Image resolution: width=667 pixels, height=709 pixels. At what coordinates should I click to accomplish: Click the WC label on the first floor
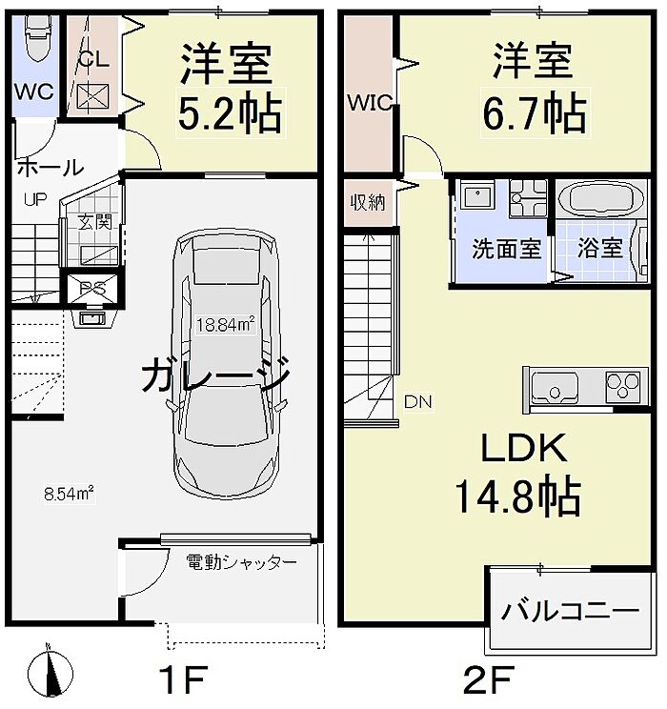pyautogui.click(x=33, y=92)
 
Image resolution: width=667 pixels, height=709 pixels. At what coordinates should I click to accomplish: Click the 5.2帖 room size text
pyautogui.click(x=230, y=114)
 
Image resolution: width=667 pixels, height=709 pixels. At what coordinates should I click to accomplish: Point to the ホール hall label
pyautogui.click(x=50, y=168)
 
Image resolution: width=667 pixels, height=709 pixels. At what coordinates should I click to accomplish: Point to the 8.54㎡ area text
pyautogui.click(x=68, y=494)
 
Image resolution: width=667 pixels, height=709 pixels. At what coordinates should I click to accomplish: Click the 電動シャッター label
pyautogui.click(x=241, y=563)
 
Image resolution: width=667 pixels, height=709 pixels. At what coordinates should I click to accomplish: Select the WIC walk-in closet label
pyautogui.click(x=370, y=103)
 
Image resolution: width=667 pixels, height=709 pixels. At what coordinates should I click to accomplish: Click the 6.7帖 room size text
pyautogui.click(x=532, y=114)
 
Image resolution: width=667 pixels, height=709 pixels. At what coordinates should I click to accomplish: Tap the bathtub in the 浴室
pyautogui.click(x=600, y=202)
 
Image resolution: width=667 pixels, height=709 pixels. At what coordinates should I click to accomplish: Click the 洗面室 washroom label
pyautogui.click(x=508, y=249)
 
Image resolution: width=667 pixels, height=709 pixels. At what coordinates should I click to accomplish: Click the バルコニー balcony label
pyautogui.click(x=572, y=609)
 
